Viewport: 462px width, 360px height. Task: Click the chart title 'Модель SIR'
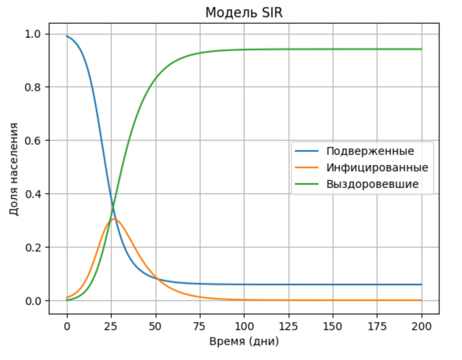[x=244, y=13]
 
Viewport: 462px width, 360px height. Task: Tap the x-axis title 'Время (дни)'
[x=244, y=342]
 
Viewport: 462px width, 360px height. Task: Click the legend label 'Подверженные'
[x=370, y=151]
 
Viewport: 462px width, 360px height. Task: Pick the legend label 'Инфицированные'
[x=377, y=168]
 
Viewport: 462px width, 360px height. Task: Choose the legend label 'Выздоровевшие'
[x=372, y=184]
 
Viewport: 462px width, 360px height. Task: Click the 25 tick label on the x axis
[x=111, y=326]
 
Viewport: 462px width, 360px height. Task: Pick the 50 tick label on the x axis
[x=156, y=326]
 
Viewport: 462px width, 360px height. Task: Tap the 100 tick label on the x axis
[x=244, y=326]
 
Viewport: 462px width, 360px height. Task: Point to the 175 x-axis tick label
[x=377, y=326]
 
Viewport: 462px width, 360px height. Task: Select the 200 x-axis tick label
[x=422, y=326]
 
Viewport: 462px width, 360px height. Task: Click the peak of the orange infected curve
[x=114, y=219]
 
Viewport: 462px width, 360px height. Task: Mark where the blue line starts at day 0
[x=67, y=36]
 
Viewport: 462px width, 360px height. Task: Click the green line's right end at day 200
[x=422, y=49]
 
